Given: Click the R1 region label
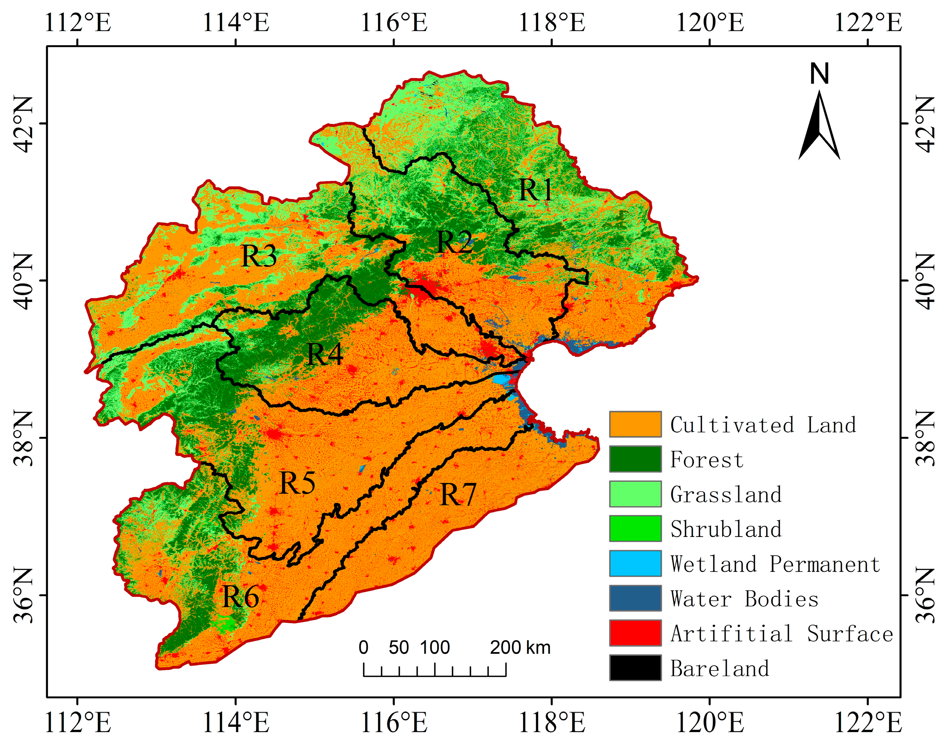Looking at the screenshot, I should [535, 190].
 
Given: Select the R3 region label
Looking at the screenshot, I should [259, 256].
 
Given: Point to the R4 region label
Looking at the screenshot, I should [325, 354].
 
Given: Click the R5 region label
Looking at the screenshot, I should [297, 483].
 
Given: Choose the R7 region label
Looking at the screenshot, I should [457, 495].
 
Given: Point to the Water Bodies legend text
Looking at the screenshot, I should [744, 598].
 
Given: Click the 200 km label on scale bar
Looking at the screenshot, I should [520, 647].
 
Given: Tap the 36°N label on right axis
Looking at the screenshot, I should [923, 595].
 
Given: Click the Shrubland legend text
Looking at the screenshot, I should [726, 529].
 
